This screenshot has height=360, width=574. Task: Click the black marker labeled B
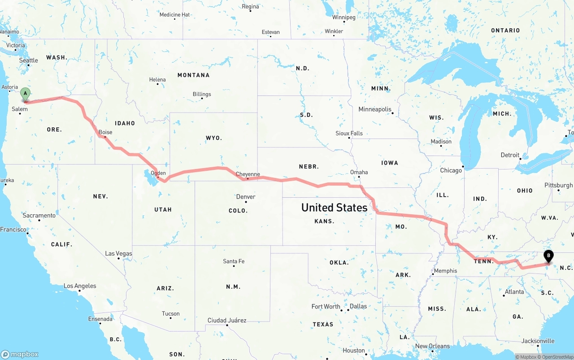point(548,256)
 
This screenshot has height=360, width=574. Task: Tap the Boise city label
point(105,132)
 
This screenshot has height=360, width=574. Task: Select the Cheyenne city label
point(248,174)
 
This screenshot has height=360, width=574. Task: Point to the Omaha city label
point(359,172)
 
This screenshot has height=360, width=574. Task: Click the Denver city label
point(246,197)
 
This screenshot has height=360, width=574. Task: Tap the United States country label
point(334,207)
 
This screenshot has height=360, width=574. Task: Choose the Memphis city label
point(445,271)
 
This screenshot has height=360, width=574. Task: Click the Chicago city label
point(451,170)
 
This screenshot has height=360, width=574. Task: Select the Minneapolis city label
point(375,109)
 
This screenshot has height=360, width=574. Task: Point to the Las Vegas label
point(118,253)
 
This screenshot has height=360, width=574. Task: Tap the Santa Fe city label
point(234,261)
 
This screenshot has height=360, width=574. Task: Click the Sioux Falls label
point(349,133)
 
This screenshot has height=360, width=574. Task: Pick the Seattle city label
point(29,60)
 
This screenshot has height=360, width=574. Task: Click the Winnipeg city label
point(344,17)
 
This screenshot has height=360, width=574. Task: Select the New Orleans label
point(432,346)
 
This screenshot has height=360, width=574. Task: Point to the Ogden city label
point(158,173)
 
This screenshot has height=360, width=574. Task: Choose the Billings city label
point(202,94)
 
